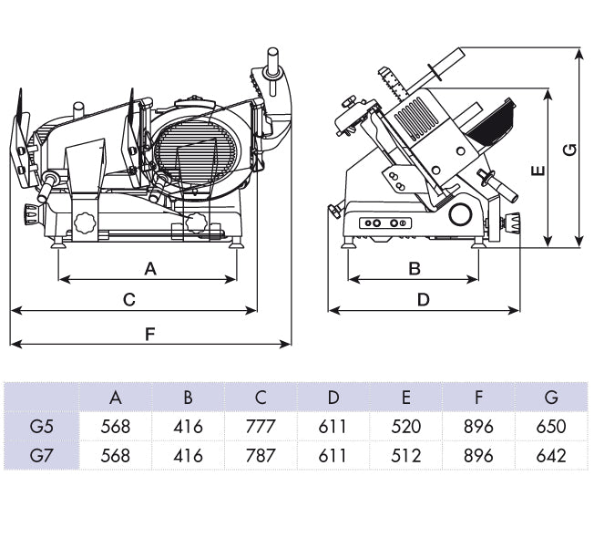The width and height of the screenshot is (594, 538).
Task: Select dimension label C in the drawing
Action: tap(129, 299)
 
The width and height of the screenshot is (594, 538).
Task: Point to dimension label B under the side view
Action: tap(415, 268)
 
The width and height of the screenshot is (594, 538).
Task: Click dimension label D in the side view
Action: tap(424, 299)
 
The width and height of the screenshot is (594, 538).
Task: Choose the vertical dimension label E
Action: tap(537, 169)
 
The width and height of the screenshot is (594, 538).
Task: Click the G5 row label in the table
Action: tap(41, 426)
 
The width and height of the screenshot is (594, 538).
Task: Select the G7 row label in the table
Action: tap(41, 455)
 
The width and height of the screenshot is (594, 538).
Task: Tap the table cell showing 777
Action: tap(261, 426)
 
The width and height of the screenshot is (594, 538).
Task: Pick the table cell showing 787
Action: tap(261, 455)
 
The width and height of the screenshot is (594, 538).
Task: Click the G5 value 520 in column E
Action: tap(406, 426)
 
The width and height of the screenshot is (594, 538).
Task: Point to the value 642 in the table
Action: tap(551, 455)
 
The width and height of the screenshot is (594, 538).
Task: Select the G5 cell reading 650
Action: tap(551, 426)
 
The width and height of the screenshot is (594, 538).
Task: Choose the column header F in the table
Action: tap(478, 397)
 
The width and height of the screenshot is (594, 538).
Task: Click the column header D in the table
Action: tap(333, 397)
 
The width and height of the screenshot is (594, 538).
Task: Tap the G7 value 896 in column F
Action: tap(478, 455)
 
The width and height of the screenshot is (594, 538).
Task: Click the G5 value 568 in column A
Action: tap(116, 426)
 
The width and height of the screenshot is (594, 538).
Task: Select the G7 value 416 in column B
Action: tap(188, 455)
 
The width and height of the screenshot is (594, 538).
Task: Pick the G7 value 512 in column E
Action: tap(406, 455)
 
